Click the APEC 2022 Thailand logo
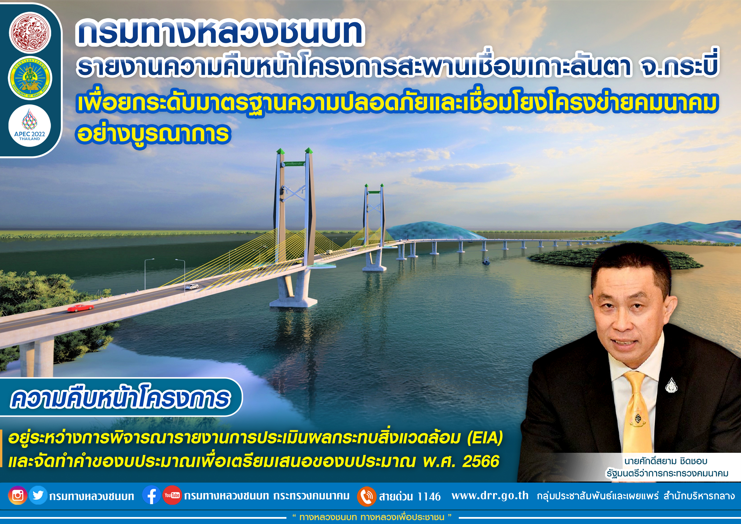pos(30,126)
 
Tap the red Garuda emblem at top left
pos(30,33)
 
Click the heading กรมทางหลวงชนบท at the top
pos(220,32)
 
